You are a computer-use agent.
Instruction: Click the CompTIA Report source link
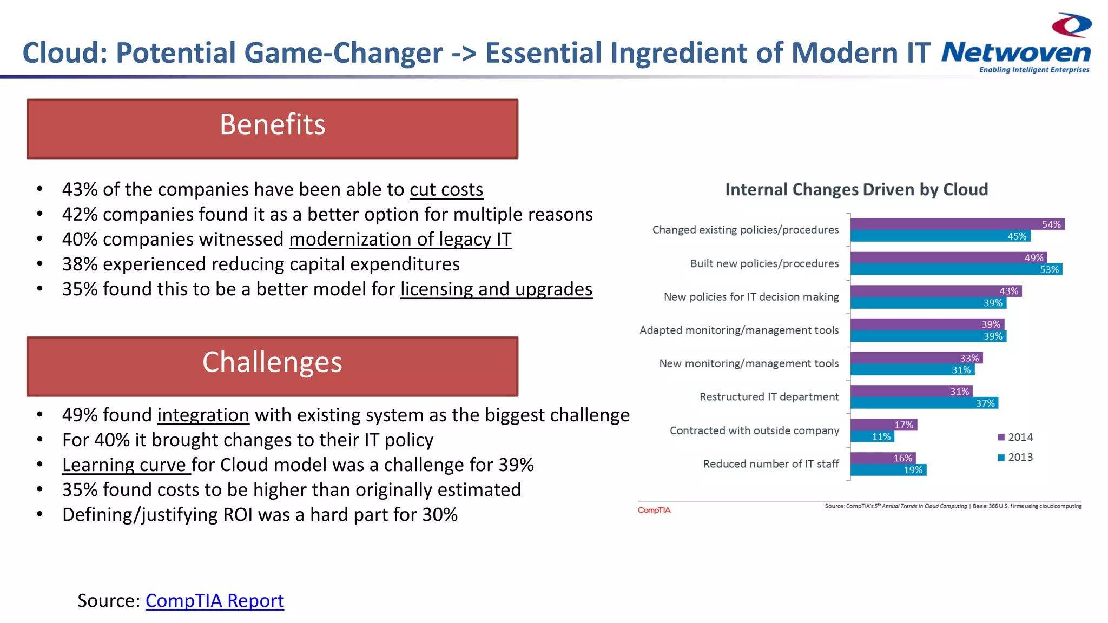214,600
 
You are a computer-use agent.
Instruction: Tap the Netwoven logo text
1015,53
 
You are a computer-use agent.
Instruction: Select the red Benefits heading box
272,129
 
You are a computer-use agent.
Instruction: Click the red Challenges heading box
272,366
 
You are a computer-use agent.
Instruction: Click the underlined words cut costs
446,190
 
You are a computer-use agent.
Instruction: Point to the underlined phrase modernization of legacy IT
400,240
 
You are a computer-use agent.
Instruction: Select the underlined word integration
203,415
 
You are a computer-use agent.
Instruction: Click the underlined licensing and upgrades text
496,289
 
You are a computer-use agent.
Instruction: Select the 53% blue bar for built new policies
955,269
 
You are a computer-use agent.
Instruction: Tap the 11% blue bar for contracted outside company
872,436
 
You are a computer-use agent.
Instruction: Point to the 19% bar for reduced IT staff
888,470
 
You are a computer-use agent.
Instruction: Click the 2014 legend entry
1015,437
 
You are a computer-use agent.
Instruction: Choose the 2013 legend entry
1015,458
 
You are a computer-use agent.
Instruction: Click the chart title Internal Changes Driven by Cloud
856,190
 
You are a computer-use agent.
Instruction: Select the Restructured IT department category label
769,397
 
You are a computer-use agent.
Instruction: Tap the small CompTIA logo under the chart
654,510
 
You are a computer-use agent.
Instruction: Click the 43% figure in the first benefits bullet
80,190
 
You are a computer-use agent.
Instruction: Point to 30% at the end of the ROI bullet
440,515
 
